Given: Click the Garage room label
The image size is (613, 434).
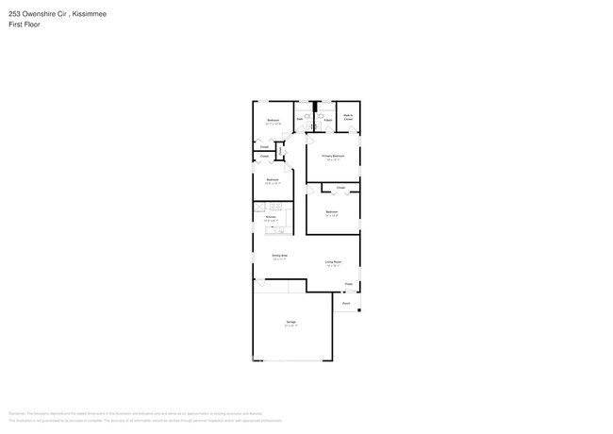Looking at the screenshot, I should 290,323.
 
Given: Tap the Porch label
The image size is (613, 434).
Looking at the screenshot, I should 346,303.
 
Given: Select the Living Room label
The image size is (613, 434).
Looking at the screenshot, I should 333,261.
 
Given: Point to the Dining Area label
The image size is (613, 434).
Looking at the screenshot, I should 279,256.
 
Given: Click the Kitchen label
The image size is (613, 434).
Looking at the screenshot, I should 271,217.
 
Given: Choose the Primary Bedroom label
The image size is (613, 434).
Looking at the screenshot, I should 333,156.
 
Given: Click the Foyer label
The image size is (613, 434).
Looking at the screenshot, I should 348,283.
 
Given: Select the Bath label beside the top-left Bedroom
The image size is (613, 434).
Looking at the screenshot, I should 300,120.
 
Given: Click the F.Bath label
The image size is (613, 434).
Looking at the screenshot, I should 327,120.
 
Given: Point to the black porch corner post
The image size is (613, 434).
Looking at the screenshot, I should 358,310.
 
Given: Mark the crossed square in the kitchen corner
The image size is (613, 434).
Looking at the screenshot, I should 257,207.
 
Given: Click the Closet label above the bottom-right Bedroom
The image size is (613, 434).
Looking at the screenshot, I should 340,189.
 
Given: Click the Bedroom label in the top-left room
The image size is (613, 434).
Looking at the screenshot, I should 273,120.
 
